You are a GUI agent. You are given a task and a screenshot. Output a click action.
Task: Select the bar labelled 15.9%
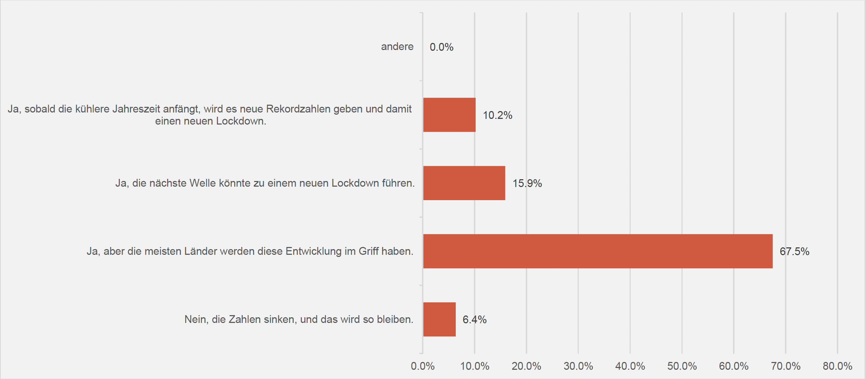click(x=464, y=183)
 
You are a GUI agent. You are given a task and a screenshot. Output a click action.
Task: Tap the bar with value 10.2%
click(x=449, y=115)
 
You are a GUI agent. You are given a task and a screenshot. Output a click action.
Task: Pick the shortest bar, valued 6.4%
click(x=439, y=319)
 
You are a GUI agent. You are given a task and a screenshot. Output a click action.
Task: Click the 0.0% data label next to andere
click(x=442, y=47)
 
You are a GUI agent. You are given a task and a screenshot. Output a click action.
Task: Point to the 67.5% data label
click(x=794, y=252)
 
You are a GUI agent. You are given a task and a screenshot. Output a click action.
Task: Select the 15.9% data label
click(x=527, y=183)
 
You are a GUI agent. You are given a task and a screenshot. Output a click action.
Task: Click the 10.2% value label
click(x=497, y=115)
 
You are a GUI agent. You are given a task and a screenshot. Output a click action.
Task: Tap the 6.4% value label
click(x=474, y=320)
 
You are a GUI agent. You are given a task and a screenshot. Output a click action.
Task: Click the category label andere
click(x=397, y=46)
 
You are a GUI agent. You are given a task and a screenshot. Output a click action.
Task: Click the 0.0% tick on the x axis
click(x=423, y=366)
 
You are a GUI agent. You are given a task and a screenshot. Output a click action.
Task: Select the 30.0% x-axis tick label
click(x=578, y=366)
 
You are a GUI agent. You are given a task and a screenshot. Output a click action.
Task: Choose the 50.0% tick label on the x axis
click(x=682, y=366)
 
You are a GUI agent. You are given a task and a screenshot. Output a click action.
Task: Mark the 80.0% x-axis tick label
click(x=837, y=366)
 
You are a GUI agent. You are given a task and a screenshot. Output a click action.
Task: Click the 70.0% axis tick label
click(x=785, y=366)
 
